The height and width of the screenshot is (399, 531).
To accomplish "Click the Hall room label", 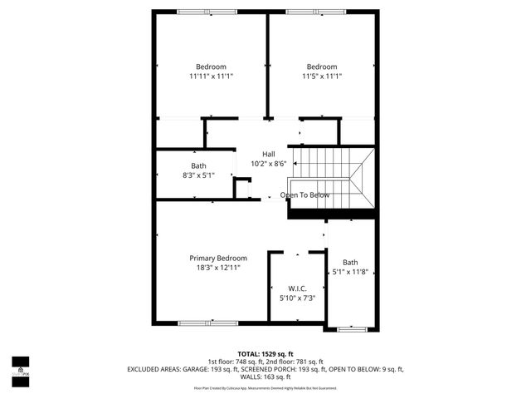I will click(x=268, y=155).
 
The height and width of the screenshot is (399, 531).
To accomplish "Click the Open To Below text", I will click(x=304, y=195).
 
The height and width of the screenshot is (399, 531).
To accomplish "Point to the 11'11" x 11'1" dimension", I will click(x=211, y=76).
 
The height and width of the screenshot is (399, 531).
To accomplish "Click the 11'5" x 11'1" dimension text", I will click(x=322, y=76).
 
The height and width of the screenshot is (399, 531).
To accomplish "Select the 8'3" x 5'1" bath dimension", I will click(x=199, y=175).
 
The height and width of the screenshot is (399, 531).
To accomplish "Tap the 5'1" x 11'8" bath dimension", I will click(x=350, y=272).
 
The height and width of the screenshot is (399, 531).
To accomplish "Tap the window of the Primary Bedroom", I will click(x=196, y=323).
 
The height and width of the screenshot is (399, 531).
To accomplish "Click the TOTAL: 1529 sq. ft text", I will click(x=265, y=354).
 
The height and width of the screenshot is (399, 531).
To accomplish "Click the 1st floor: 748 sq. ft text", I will click(x=235, y=362).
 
